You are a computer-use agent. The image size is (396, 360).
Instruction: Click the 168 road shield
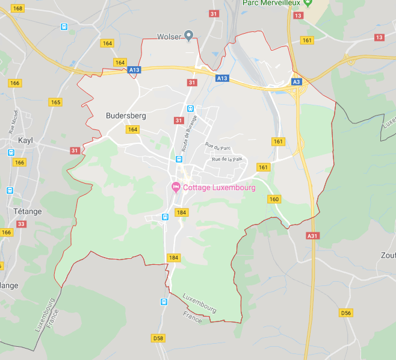pyautogui.click(x=17, y=8)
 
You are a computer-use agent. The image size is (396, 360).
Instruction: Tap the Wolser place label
pyautogui.click(x=169, y=37)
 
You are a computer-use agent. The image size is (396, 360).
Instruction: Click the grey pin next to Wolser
pyautogui.click(x=188, y=36)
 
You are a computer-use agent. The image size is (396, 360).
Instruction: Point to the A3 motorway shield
pyautogui.click(x=296, y=82)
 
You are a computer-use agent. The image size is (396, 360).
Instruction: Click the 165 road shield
pyautogui.click(x=56, y=102)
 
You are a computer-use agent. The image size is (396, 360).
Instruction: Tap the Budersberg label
pyautogui.click(x=126, y=116)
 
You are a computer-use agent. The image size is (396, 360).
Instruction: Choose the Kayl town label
pyautogui.click(x=25, y=140)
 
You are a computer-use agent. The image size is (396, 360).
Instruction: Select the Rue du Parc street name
pyautogui.click(x=218, y=146)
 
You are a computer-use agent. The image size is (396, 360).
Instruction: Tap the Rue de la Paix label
pyautogui.click(x=226, y=160)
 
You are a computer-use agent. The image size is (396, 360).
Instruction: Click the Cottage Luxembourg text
pyautogui.click(x=219, y=188)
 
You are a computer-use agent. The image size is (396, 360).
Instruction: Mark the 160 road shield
pyautogui.click(x=274, y=199)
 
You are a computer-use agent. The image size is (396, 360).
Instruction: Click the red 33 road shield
pyautogui.click(x=22, y=224)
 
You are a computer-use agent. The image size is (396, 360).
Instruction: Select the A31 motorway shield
pyautogui.click(x=312, y=236)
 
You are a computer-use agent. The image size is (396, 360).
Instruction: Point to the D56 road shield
pyautogui.click(x=345, y=313)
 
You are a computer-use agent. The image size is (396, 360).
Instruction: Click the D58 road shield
pyautogui.click(x=158, y=338)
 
